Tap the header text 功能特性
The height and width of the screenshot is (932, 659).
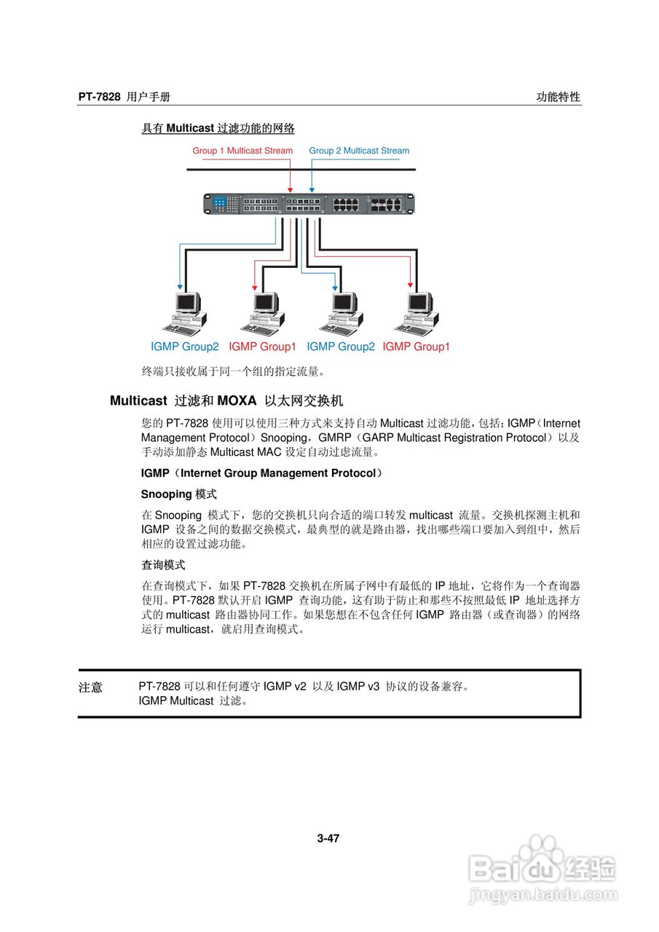559,97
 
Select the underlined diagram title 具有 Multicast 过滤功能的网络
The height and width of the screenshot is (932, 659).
218,128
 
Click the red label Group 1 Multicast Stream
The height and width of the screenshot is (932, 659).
242,151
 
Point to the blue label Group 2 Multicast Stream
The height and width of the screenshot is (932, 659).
359,151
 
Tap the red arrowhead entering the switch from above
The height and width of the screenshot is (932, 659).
291,189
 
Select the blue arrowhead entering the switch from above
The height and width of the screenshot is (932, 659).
312,189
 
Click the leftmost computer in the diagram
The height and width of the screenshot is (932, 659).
184,312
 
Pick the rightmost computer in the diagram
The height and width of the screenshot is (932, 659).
420,312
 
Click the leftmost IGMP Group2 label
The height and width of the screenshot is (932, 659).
184,347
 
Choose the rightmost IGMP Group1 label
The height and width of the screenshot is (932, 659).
417,347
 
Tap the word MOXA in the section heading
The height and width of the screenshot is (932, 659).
237,400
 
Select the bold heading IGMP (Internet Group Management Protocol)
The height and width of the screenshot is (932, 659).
261,473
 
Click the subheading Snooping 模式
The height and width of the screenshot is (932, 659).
178,494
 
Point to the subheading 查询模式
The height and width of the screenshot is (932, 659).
163,564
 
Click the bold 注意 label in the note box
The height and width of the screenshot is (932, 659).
90,687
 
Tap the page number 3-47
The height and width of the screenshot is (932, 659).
328,838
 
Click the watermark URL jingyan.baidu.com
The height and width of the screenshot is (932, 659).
543,895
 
